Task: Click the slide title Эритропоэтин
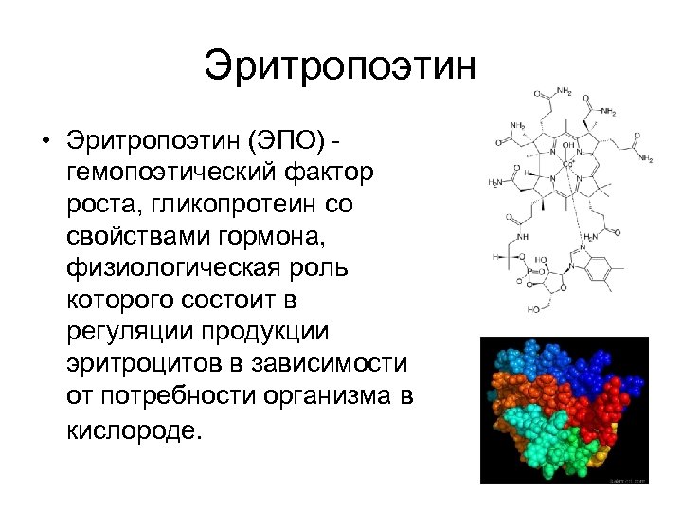pos(337,67)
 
